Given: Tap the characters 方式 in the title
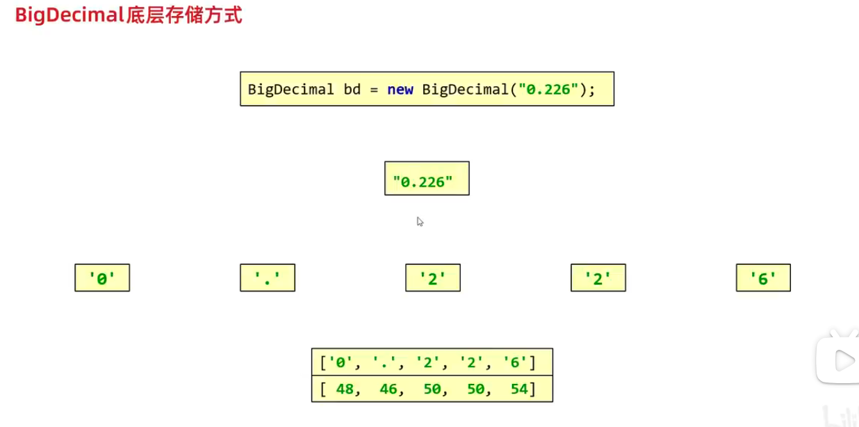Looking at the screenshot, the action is coord(222,15).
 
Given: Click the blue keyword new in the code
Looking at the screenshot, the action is coord(400,90).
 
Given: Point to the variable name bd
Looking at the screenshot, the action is coord(352,90).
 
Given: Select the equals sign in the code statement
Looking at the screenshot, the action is coord(374,90).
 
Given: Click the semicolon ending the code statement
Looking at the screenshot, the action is coord(593,90).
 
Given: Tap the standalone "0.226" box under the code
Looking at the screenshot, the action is coord(427,179).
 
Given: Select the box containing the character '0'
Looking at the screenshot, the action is coord(102,278).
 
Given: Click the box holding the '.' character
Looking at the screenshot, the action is coord(268,278).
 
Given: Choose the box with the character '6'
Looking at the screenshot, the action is coord(763,278).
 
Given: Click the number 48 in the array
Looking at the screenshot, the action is coord(345,389).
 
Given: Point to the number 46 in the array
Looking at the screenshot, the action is coord(388,389).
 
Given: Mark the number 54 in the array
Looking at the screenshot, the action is coord(519,389).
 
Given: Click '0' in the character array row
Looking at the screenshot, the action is coord(341,362).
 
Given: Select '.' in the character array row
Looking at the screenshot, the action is coord(384,362).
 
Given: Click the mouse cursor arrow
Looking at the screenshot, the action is coord(420,221).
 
